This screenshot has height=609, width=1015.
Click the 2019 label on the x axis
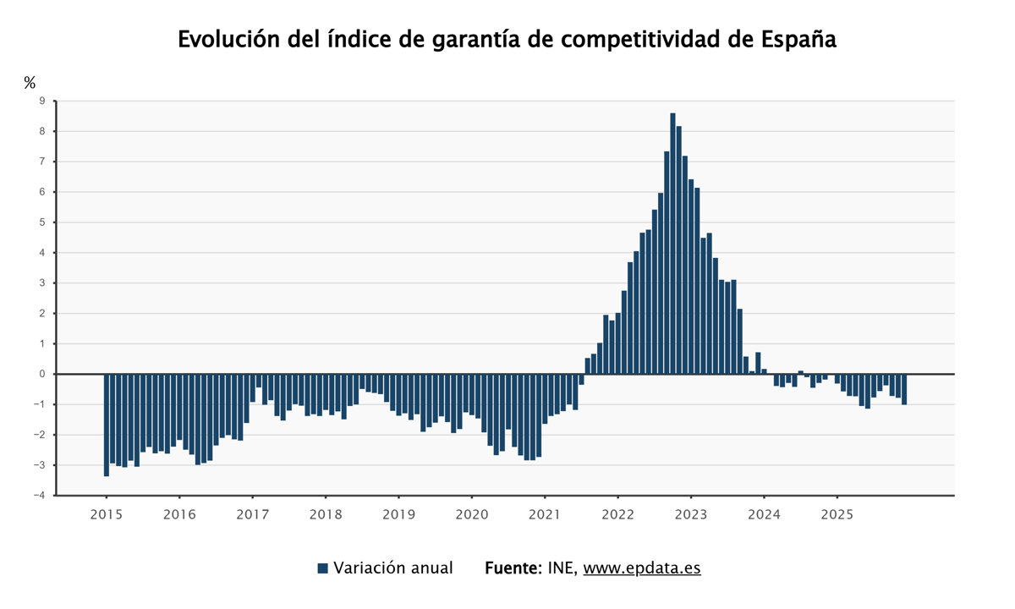pos(398,514)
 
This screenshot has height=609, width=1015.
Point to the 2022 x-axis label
pos(617,514)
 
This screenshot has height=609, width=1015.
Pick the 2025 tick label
pos(837,514)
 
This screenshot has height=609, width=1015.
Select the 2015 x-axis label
pos(106,514)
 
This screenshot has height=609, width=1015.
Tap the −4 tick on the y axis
pos(40,496)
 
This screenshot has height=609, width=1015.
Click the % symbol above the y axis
pos(30,82)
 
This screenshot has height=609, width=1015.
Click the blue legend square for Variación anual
pos(322,568)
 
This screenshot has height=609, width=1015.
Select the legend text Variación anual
pos(393,568)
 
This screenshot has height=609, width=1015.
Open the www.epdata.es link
pos(642,568)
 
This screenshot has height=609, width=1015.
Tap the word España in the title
pos(798,40)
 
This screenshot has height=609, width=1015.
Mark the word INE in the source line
pos(563,568)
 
